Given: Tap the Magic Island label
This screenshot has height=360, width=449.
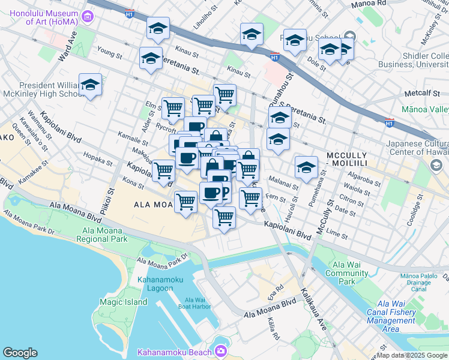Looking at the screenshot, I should (123, 302).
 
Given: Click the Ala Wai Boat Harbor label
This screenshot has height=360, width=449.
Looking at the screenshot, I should (194, 303).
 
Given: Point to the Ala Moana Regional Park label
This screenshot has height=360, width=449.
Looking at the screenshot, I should (101, 234).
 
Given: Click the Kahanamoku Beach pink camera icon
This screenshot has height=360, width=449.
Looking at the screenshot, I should (220, 350).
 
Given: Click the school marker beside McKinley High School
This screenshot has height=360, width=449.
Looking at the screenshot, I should (90, 85).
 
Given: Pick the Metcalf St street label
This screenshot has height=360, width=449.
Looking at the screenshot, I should (421, 94).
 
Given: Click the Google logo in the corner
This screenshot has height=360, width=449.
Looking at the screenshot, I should (20, 353).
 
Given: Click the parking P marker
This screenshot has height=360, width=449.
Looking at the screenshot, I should (224, 192).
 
